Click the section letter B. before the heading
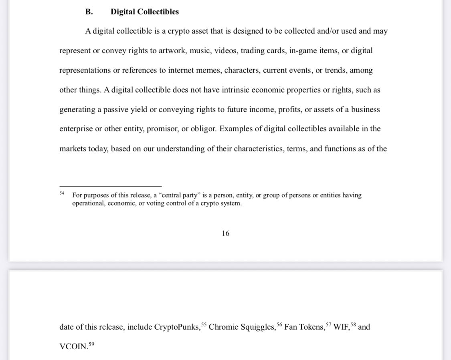(89, 12)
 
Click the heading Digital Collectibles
(145, 12)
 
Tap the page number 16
(225, 233)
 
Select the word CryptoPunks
(177, 327)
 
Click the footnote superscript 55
(204, 324)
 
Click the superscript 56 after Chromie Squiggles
(279, 324)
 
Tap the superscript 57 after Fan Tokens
(328, 324)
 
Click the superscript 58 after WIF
(353, 324)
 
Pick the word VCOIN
(73, 347)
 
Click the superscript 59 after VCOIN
(91, 344)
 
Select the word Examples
(237, 129)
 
